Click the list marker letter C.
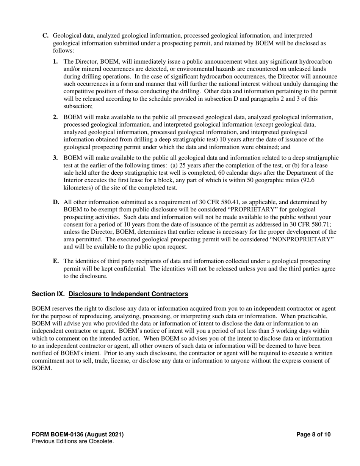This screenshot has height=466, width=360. (x=45, y=36)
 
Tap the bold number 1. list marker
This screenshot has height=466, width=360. (x=56, y=61)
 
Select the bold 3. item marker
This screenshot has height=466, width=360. (x=56, y=158)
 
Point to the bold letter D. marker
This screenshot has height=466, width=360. (x=56, y=202)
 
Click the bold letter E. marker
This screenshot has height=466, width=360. (x=56, y=261)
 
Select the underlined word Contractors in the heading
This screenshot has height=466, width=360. (x=170, y=294)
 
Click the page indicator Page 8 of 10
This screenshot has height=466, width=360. (x=313, y=435)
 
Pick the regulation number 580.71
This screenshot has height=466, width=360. (x=322, y=225)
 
